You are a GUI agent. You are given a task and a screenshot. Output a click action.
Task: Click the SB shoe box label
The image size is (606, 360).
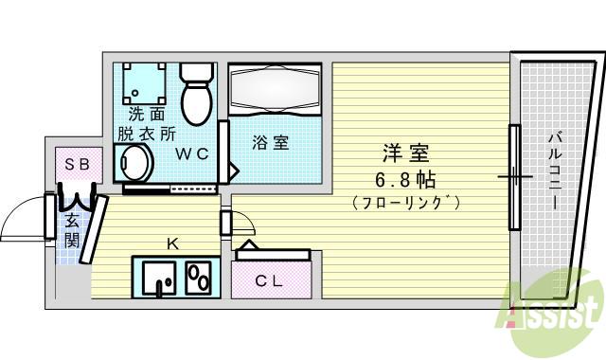(x=77, y=164)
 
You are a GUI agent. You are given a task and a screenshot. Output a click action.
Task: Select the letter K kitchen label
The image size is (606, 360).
(x=172, y=243)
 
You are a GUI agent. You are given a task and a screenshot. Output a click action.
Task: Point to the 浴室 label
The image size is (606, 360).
(x=271, y=143)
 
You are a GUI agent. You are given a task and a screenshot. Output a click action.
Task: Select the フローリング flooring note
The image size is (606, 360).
(x=405, y=202)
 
